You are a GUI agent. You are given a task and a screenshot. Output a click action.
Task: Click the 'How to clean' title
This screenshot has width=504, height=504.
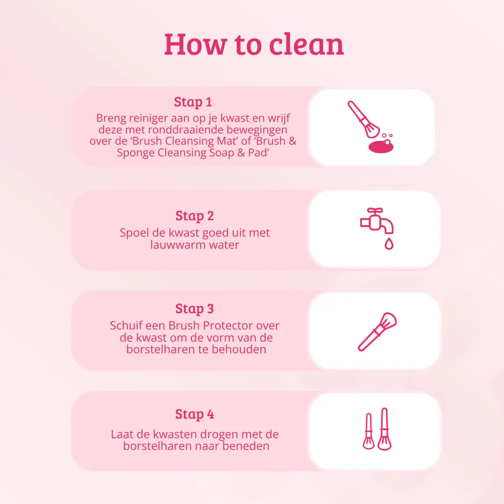point(254,44)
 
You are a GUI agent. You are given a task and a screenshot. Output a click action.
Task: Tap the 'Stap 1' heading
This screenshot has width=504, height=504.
point(193,102)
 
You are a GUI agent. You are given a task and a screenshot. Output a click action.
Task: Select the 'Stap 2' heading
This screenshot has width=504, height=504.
point(195,216)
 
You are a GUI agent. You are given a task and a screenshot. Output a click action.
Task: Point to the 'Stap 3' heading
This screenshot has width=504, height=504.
point(195,309)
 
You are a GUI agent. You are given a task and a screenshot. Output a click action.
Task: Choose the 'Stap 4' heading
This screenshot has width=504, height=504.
point(195,414)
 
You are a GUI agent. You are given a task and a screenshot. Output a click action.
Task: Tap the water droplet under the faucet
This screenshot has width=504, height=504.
point(389,244)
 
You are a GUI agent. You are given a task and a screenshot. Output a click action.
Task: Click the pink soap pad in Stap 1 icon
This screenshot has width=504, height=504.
point(381,147)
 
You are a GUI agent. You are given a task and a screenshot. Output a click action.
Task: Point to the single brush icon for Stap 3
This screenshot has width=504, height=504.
point(377,332)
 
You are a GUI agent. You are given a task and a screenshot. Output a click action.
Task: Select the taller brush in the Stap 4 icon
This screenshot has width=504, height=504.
point(385,429)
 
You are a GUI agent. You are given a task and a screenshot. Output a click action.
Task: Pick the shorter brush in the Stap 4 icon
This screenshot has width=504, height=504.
point(369,431)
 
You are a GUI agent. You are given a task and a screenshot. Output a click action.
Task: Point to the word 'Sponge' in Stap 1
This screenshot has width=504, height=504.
point(136,153)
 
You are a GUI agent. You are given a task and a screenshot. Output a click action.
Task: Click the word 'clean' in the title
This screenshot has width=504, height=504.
point(306,44)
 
